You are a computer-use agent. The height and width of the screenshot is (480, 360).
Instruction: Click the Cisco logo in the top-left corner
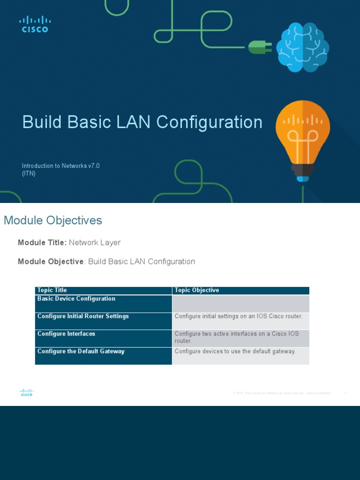[x=35, y=24]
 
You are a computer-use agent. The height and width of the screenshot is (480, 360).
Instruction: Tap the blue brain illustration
[x=302, y=47]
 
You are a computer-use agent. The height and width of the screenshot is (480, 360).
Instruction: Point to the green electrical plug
[x=259, y=47]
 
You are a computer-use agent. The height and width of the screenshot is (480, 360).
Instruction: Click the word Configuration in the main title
[x=209, y=122]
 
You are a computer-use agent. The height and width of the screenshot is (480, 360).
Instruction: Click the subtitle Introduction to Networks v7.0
[x=60, y=166]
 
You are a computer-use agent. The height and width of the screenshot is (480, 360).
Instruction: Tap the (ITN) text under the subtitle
[x=29, y=173]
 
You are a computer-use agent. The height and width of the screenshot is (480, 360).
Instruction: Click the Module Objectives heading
[x=52, y=220]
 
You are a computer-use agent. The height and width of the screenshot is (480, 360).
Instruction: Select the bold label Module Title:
[x=42, y=243]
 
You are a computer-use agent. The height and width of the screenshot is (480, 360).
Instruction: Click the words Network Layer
[x=95, y=243]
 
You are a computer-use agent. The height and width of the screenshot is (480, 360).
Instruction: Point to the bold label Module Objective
[x=51, y=262]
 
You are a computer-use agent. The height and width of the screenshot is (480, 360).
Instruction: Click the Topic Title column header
[x=52, y=290]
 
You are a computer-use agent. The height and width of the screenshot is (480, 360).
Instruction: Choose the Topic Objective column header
[x=197, y=290]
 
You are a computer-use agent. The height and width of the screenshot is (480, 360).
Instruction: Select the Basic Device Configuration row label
[x=76, y=299]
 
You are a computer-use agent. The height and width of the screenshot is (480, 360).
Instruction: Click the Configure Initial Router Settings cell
[x=83, y=316]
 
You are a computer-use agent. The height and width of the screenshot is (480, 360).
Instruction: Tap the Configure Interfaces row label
[x=66, y=334]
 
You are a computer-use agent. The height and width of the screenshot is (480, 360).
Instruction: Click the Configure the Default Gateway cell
[x=81, y=351]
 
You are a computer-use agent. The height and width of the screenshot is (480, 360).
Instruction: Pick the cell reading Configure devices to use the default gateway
[x=235, y=351]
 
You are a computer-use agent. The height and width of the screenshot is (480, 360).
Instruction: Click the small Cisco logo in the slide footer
[x=26, y=393]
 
